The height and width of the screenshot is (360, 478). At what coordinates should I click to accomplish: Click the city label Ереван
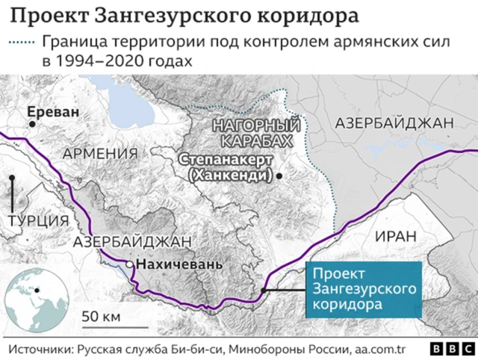52,113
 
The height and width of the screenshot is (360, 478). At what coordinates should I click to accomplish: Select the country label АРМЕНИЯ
101,153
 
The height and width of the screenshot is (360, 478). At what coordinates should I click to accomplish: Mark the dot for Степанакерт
279,176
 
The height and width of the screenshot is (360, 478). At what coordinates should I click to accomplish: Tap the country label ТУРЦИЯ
39,220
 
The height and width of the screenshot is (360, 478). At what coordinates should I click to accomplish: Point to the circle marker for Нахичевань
130,264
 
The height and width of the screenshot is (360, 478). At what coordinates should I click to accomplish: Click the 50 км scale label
101,316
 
